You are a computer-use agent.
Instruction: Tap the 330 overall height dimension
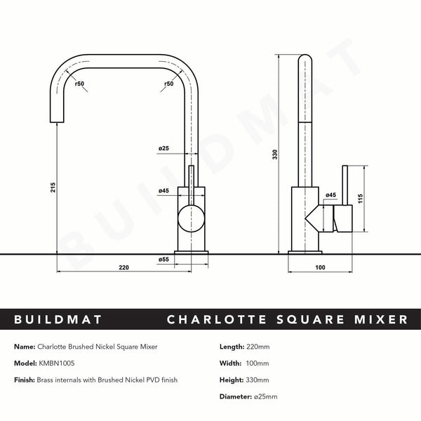(276, 154)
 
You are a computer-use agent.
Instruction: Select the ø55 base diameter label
(163, 260)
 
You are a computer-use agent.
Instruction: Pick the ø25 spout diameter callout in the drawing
(163, 149)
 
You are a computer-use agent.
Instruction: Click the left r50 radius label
(79, 84)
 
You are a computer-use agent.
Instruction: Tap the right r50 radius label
(168, 84)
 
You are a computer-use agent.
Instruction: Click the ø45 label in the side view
(331, 195)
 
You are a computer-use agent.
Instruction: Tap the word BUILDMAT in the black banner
(59, 320)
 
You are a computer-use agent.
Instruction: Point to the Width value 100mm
(258, 363)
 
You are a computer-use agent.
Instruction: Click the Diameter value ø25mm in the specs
(265, 396)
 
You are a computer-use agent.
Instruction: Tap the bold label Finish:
(25, 380)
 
